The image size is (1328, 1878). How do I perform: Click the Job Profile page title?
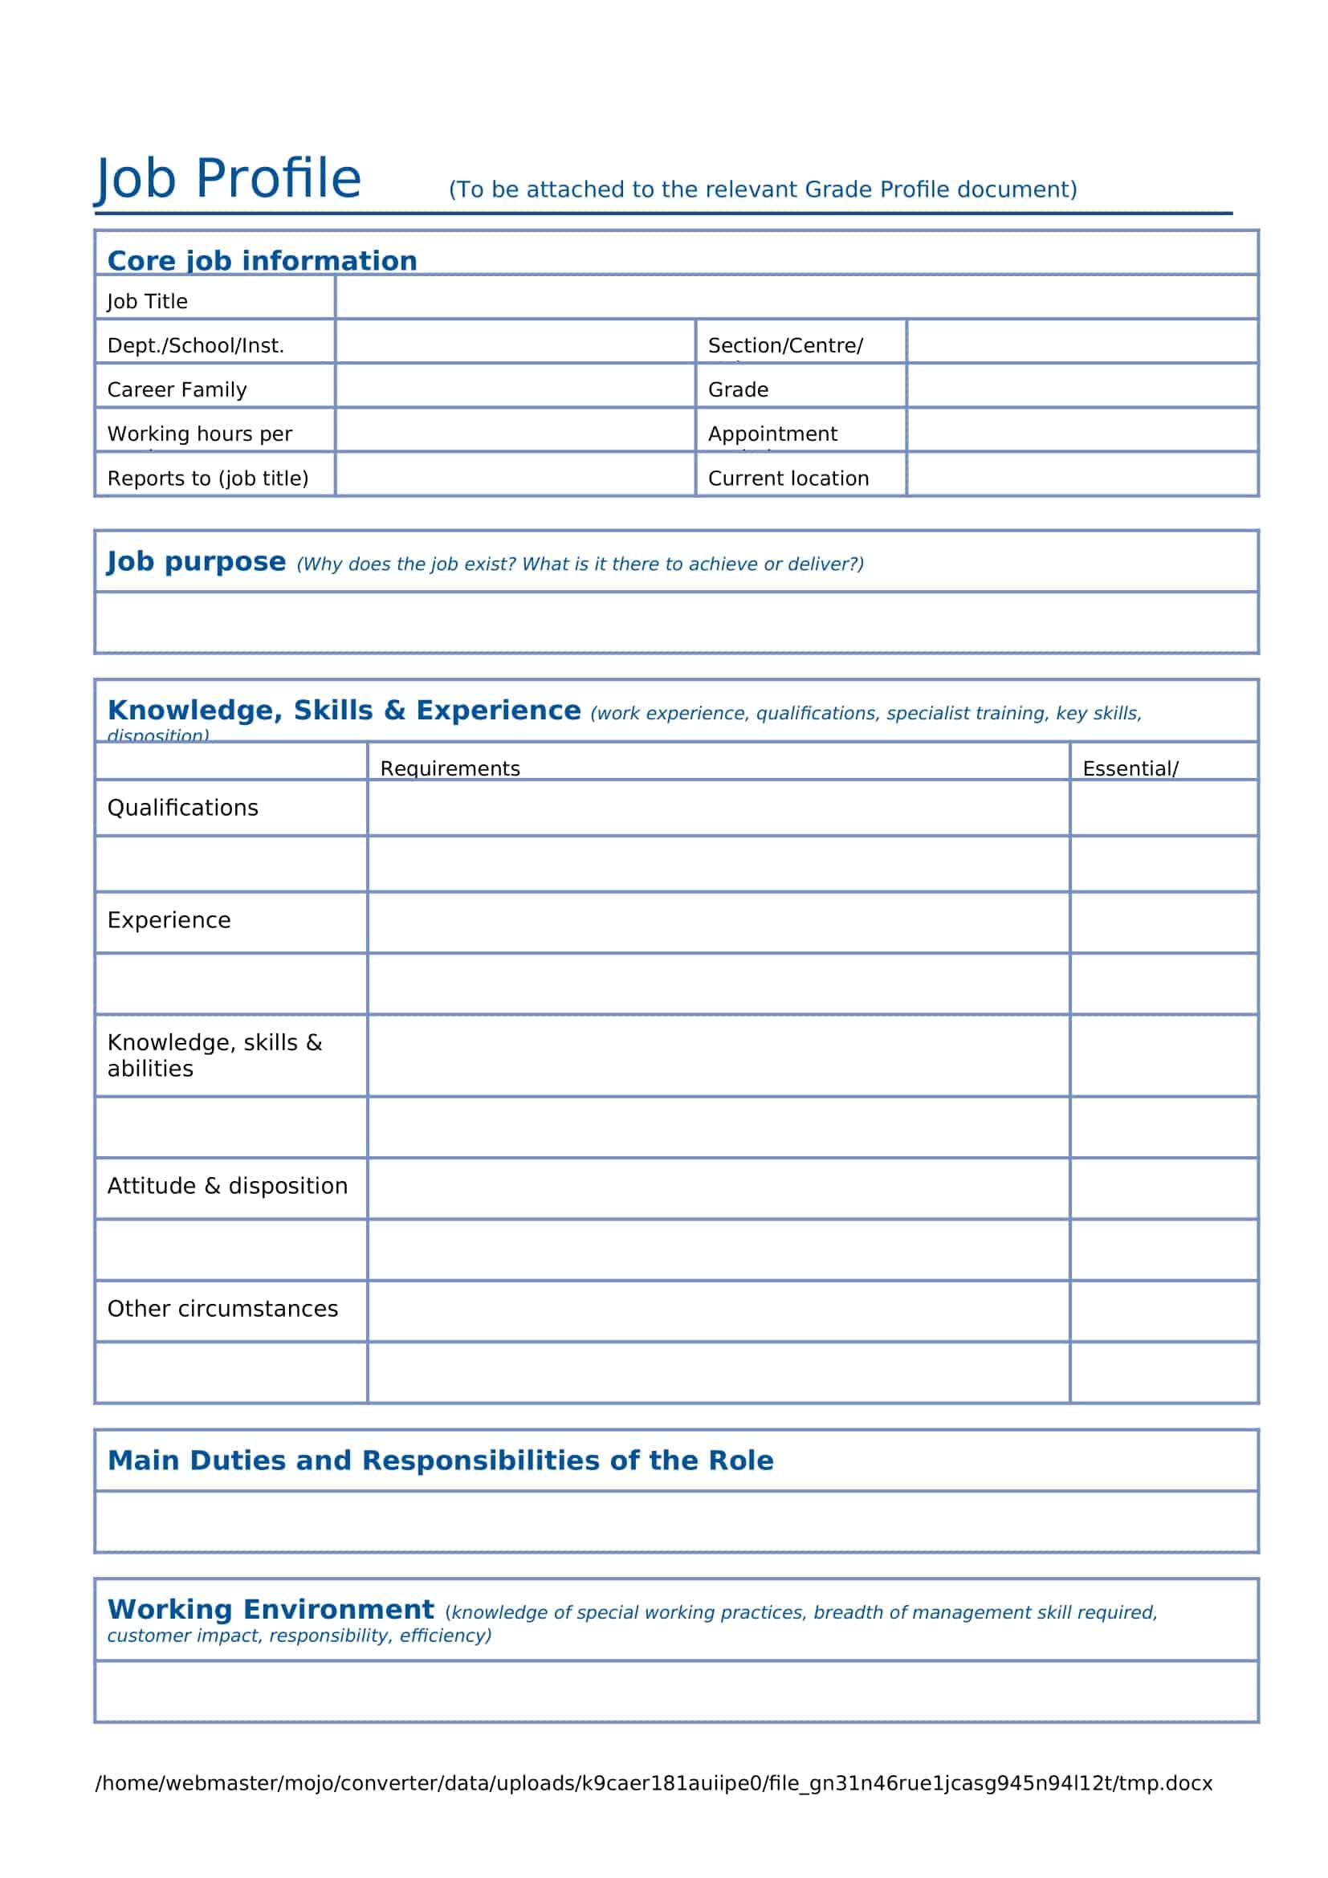coord(228,178)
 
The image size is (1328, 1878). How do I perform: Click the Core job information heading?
coord(262,260)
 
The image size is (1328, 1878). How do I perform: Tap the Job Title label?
coord(147,301)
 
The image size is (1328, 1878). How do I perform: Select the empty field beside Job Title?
coord(795,297)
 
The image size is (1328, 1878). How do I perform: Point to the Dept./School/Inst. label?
coord(195,345)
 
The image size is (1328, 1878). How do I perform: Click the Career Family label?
coord(177,389)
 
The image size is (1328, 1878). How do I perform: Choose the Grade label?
coord(738,389)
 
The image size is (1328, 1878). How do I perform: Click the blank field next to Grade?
coord(1081,385)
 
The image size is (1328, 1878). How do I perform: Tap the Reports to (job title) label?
coord(208,478)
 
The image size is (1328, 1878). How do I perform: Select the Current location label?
coord(788,478)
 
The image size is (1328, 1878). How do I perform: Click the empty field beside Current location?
coord(1081,474)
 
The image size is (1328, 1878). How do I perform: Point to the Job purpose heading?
coord(196,562)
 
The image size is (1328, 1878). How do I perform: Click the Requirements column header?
coord(450,768)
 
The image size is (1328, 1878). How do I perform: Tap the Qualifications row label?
coord(182,807)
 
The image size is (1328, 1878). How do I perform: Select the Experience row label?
coord(169,920)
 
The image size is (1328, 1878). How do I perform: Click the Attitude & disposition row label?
coord(227,1186)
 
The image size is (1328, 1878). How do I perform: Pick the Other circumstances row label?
coord(222,1309)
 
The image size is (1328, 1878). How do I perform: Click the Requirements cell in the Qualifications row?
coord(718,807)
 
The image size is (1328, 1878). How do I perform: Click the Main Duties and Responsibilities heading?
coord(440,1460)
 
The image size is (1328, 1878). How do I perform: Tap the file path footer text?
coord(654,1783)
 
